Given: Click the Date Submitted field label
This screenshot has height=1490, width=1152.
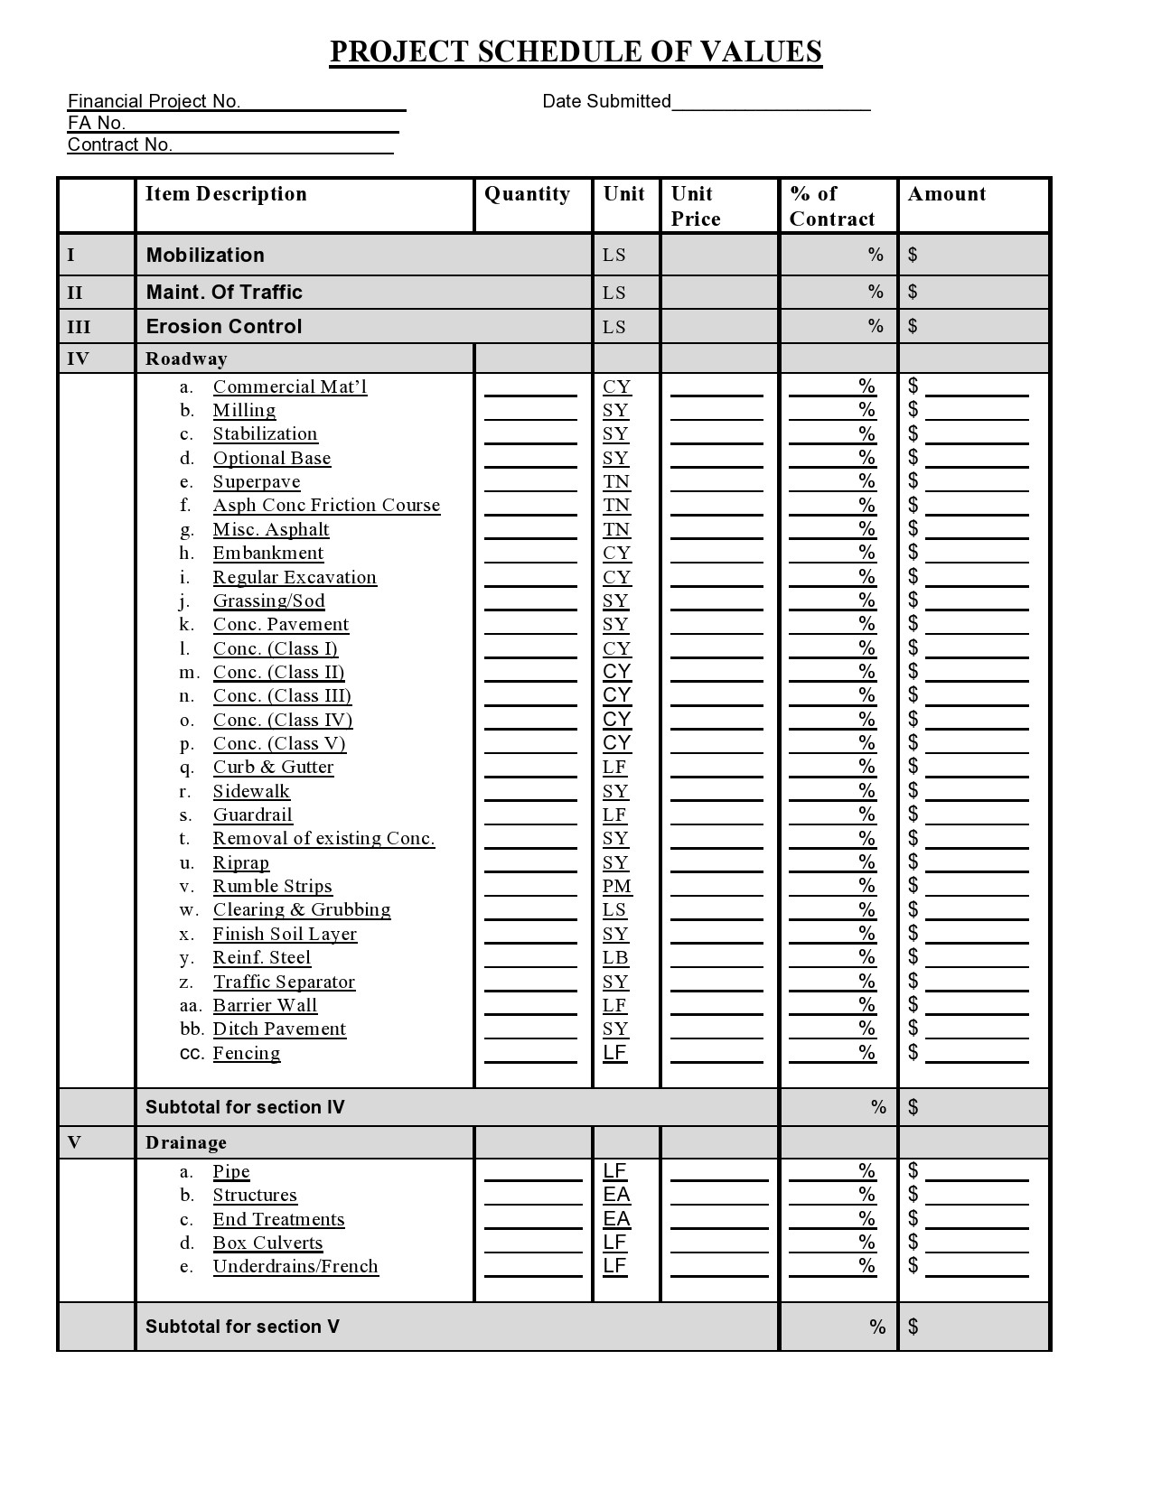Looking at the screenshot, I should click(x=606, y=101).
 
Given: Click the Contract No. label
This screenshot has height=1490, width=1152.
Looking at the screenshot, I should click(x=119, y=144).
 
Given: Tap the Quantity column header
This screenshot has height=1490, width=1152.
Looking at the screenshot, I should click(x=527, y=194).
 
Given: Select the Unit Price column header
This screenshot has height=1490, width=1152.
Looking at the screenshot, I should click(x=696, y=206).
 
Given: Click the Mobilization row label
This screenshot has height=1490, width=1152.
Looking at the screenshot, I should click(x=205, y=255).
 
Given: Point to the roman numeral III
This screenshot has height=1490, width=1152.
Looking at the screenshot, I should click(x=79, y=327).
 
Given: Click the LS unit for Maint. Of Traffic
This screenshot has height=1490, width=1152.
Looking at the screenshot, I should click(x=614, y=293).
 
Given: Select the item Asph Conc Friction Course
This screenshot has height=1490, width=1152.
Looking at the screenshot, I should click(x=326, y=506).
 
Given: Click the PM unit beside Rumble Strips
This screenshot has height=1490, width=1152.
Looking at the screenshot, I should click(x=617, y=887).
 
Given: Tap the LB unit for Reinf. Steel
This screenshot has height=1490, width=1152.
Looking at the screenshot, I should click(x=615, y=958).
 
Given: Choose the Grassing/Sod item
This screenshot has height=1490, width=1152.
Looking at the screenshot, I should click(x=268, y=601).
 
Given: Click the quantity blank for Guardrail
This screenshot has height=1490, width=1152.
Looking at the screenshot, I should click(x=530, y=815).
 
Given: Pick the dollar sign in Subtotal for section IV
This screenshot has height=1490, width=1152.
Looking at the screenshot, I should click(x=913, y=1107).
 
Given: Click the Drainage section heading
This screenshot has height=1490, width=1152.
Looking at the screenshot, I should click(x=186, y=1142).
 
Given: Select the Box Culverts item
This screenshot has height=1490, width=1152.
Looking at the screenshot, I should click(x=267, y=1243).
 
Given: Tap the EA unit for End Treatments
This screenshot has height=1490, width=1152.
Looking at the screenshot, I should click(x=616, y=1219).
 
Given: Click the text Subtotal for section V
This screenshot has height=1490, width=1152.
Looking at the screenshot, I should click(x=242, y=1327).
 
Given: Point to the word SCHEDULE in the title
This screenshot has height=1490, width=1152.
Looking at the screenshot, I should click(x=560, y=51).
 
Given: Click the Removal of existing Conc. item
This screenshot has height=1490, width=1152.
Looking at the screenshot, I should click(x=323, y=839).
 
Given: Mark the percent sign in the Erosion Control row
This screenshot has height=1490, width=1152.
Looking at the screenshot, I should click(x=875, y=326).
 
